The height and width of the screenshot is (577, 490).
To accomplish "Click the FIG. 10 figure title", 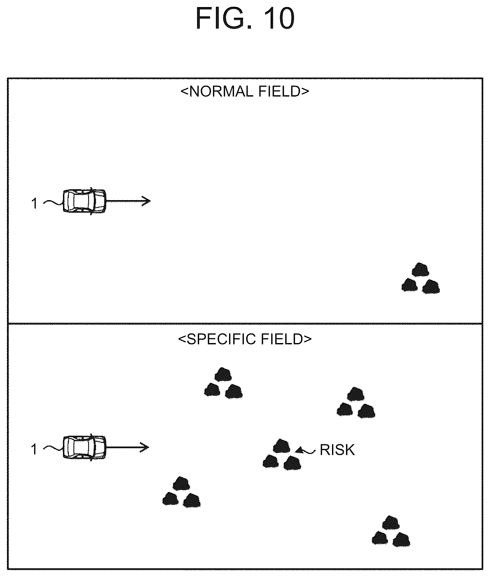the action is pos(245,18).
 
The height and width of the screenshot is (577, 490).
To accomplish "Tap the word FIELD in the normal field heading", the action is pos(275,92).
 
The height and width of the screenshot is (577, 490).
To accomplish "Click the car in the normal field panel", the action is pos(84,201).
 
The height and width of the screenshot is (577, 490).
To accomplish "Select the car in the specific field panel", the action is pos(84,447).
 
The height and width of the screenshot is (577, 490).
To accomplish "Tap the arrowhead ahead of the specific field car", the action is pos(145,447).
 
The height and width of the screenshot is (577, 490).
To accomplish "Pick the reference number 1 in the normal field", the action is pos(35,204).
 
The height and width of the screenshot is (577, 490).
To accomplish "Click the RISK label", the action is pos(337,450).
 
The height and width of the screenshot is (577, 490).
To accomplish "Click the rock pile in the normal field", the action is pos(421,278).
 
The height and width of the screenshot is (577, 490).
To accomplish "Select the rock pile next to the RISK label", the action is pos(282,454).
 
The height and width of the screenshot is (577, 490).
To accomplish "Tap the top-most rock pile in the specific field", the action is pos(223,383).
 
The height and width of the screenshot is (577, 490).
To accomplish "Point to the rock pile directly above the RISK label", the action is pos(356,402).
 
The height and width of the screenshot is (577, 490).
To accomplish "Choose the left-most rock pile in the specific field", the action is pos(181,492).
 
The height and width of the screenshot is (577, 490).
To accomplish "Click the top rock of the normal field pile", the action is pos(421,269).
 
